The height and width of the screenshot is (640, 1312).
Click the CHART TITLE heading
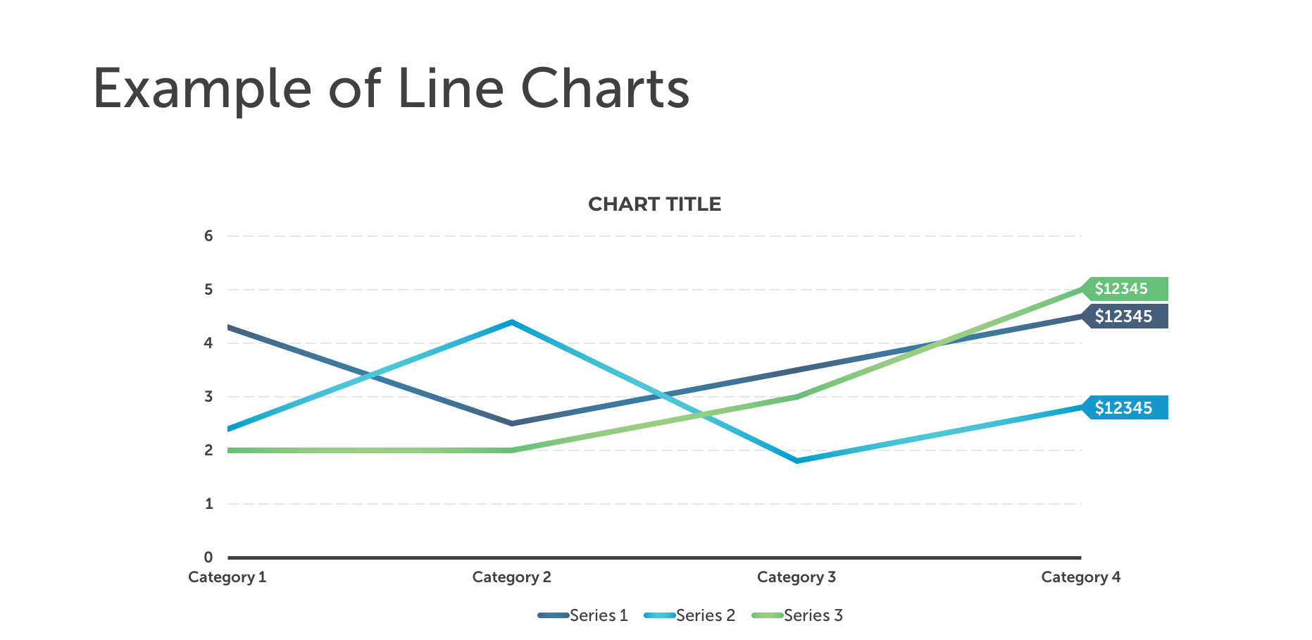pos(654,204)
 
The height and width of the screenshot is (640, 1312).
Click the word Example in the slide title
pos(201,90)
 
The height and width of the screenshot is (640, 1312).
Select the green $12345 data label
pos(1124,289)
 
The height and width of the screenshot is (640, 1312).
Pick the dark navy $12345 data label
pos(1124,316)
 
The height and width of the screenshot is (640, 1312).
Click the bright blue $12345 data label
pos(1124,408)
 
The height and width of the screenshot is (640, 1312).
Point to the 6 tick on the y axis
pos(208,236)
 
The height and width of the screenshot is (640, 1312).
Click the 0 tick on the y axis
pos(208,558)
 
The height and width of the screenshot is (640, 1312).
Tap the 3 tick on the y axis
pos(208,397)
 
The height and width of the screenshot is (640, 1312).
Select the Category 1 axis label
pos(227,577)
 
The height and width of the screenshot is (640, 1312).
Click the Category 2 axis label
pos(511,577)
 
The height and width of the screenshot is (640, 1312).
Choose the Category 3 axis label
pos(796,577)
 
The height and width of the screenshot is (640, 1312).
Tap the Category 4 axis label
pos(1080,577)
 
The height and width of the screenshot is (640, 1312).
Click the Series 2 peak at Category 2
pos(512,322)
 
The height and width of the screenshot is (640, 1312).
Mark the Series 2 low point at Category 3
pos(796,460)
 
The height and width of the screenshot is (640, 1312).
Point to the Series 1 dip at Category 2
pos(512,423)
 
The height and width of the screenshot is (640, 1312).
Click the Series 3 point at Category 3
pos(796,397)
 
